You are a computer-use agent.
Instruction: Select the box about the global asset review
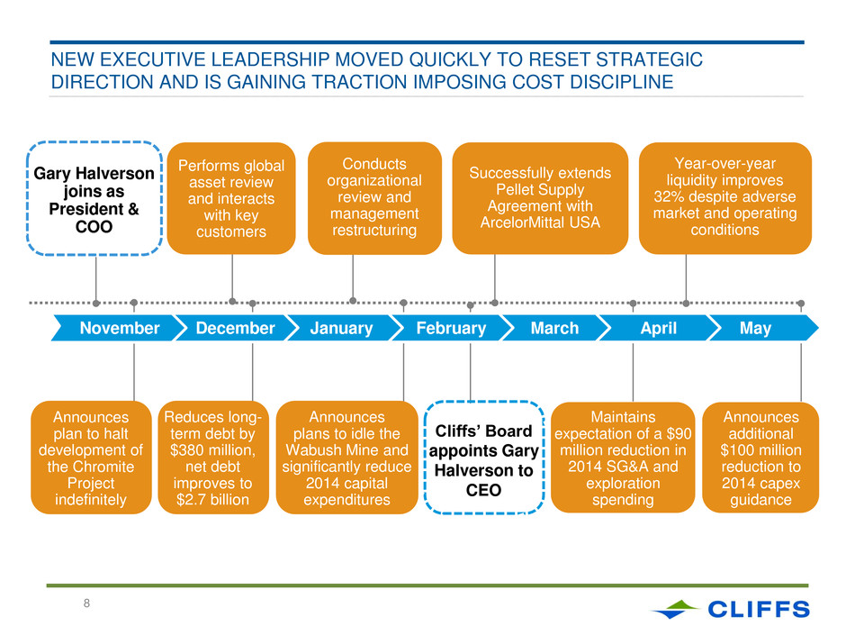(231, 198)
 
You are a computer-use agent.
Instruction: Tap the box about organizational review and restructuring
(374, 198)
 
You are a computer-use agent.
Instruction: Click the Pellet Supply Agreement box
(540, 198)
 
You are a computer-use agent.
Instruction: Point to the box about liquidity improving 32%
(725, 198)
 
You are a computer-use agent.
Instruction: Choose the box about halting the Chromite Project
(91, 458)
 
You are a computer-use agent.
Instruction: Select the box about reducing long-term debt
(213, 458)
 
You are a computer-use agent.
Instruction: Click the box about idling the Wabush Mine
(346, 458)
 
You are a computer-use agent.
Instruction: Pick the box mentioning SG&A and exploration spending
(623, 458)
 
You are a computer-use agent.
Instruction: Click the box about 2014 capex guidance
(760, 458)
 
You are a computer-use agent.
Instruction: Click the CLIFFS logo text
(759, 609)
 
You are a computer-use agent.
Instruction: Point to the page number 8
(86, 603)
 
